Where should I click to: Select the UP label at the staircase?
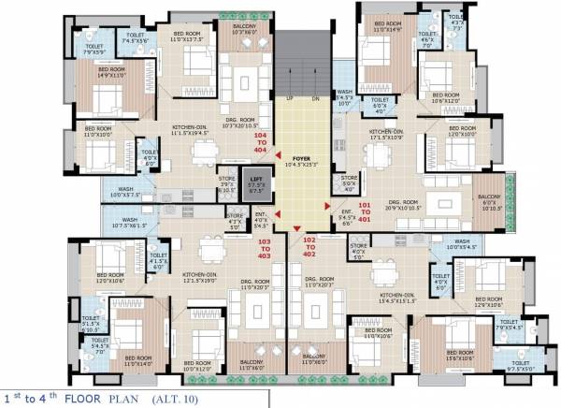(290, 98)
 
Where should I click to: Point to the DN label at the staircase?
(315, 98)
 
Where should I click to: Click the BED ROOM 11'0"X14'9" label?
(388, 29)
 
